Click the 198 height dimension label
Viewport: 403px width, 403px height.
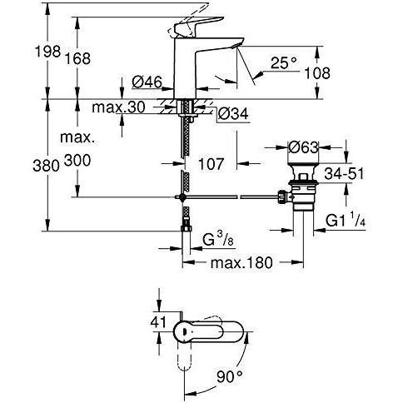click(x=48, y=52)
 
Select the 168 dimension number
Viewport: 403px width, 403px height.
click(x=77, y=58)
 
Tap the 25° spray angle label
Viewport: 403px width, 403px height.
click(x=284, y=62)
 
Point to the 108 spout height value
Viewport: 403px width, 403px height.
click(x=317, y=73)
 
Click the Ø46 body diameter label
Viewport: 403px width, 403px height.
click(x=147, y=82)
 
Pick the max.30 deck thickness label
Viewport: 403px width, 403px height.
click(x=118, y=107)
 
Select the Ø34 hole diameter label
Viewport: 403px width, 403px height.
click(x=232, y=113)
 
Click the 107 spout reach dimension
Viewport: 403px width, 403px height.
click(x=211, y=164)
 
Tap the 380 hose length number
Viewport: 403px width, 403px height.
click(x=46, y=166)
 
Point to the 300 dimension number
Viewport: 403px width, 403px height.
click(x=77, y=161)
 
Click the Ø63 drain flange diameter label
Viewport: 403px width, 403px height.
click(x=303, y=147)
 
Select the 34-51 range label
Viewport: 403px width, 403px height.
click(x=344, y=174)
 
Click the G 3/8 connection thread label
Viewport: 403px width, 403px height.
click(x=218, y=240)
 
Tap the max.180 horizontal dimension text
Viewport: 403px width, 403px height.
click(x=241, y=262)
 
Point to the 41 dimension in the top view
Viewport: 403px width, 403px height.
click(x=158, y=322)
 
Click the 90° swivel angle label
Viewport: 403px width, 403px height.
click(x=229, y=376)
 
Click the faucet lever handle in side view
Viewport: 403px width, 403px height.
click(x=196, y=26)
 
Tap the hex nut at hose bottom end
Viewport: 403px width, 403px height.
click(x=187, y=227)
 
